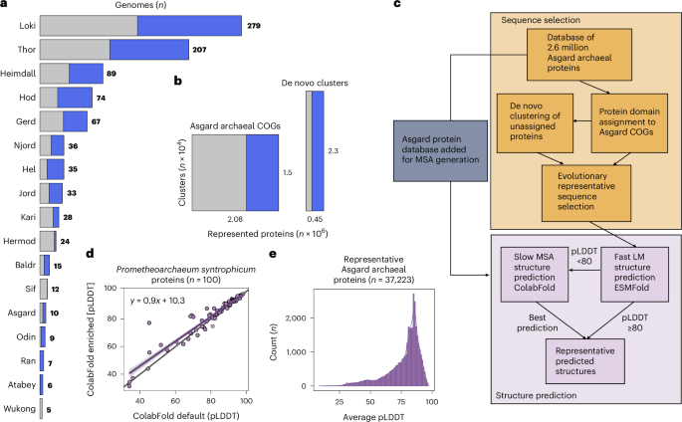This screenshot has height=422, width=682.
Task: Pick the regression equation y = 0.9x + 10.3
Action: pyautogui.click(x=161, y=300)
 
